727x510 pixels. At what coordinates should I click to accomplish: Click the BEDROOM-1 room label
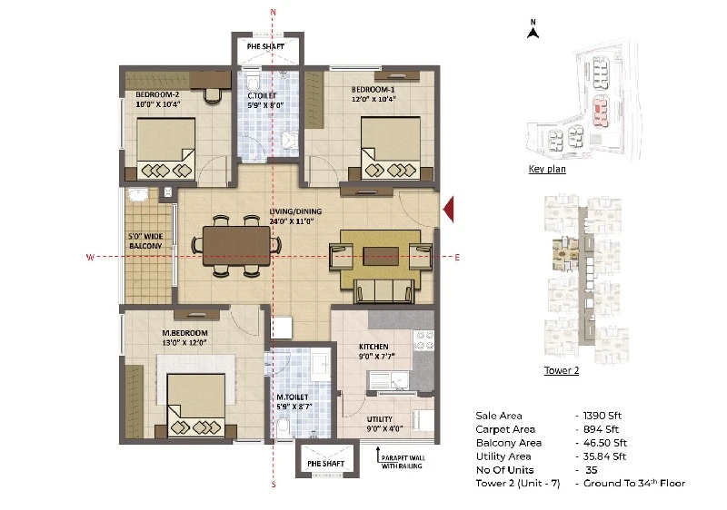373,89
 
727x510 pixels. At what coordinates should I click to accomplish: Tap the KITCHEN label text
373,347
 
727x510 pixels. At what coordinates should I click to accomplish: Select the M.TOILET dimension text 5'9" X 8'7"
294,407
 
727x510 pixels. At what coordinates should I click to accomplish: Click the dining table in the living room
236,246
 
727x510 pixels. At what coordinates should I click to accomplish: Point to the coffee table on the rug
381,256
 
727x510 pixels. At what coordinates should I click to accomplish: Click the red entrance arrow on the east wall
448,210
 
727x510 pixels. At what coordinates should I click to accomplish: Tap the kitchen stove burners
423,340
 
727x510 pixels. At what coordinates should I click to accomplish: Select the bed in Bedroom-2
165,149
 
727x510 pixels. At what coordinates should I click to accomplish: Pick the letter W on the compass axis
90,257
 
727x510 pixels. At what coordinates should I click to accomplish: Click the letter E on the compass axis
457,258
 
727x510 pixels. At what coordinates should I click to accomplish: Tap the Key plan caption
547,169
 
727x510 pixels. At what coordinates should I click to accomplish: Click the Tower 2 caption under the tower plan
562,370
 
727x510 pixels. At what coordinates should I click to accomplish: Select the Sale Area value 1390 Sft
603,416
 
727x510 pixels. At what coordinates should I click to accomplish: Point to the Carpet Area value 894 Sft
601,429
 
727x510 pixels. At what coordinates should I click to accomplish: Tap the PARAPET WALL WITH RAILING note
403,462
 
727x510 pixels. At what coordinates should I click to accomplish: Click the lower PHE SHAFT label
326,463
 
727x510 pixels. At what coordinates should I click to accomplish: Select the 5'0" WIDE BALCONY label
145,241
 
